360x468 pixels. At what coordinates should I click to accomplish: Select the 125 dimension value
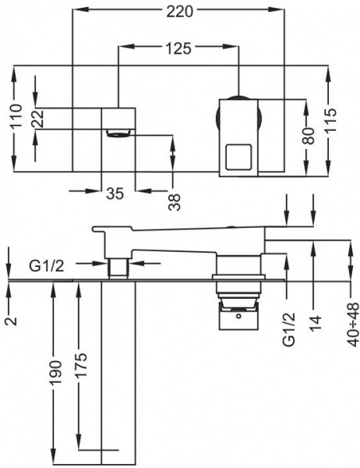[178, 49]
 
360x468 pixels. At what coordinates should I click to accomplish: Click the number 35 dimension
[115, 194]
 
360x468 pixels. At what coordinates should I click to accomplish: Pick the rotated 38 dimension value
[175, 200]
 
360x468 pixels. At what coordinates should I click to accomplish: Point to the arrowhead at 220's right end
[277, 10]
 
